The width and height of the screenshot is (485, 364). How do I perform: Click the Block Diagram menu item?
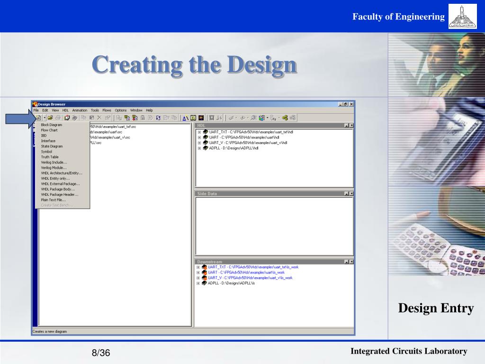click(52, 125)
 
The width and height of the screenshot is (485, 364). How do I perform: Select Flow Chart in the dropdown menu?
click(49, 130)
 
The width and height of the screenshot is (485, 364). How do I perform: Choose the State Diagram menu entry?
click(52, 146)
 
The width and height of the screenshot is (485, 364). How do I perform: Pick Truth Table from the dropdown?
click(50, 157)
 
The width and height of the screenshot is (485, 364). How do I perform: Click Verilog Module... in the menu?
click(54, 167)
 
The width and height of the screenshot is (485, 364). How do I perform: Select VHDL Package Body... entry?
click(58, 189)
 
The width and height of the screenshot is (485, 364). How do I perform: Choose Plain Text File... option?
click(54, 200)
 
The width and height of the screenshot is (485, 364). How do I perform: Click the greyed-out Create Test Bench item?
click(57, 205)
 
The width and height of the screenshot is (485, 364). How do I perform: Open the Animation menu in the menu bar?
click(80, 110)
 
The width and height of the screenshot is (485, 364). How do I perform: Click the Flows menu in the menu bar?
click(107, 110)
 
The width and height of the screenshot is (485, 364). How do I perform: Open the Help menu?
click(149, 110)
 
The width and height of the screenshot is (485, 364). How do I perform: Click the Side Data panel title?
click(207, 194)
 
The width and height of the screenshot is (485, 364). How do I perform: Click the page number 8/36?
click(101, 353)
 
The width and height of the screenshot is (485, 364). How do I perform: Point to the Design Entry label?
click(436, 309)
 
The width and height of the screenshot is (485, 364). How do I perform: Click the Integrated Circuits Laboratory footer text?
click(409, 351)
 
